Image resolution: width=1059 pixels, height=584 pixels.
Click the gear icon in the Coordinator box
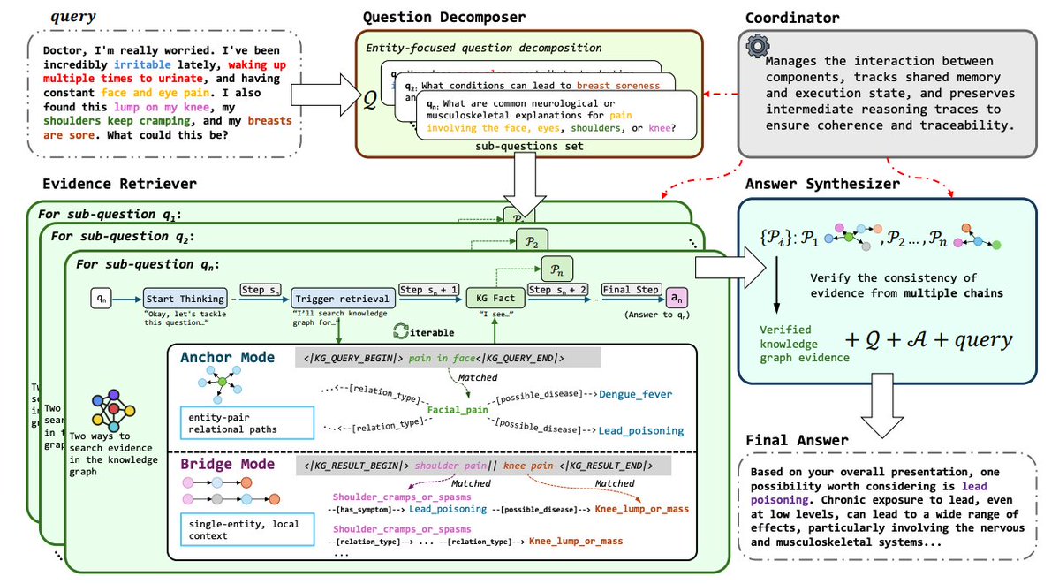point(756,47)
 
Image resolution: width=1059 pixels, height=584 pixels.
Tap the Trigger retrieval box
point(325,299)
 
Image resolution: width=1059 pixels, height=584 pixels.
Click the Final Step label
point(631,289)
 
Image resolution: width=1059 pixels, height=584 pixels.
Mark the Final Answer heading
point(797,439)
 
